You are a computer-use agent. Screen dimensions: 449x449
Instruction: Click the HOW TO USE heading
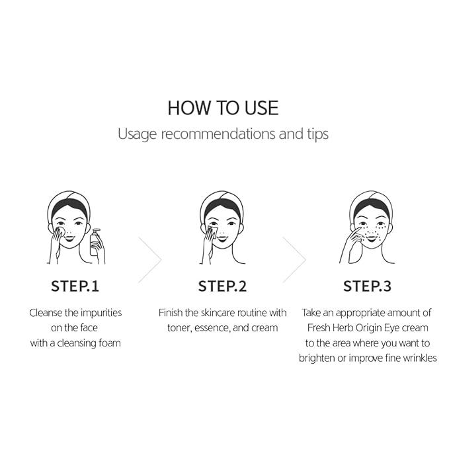coord(223,108)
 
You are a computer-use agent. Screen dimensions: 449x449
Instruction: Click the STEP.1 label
coord(75,286)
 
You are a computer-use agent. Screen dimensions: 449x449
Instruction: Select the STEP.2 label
coord(222,286)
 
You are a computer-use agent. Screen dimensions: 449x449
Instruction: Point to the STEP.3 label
coord(368,286)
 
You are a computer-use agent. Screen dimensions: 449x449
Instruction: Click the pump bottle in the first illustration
coord(95,243)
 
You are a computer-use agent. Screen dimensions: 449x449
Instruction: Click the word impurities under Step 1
coord(101,313)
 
